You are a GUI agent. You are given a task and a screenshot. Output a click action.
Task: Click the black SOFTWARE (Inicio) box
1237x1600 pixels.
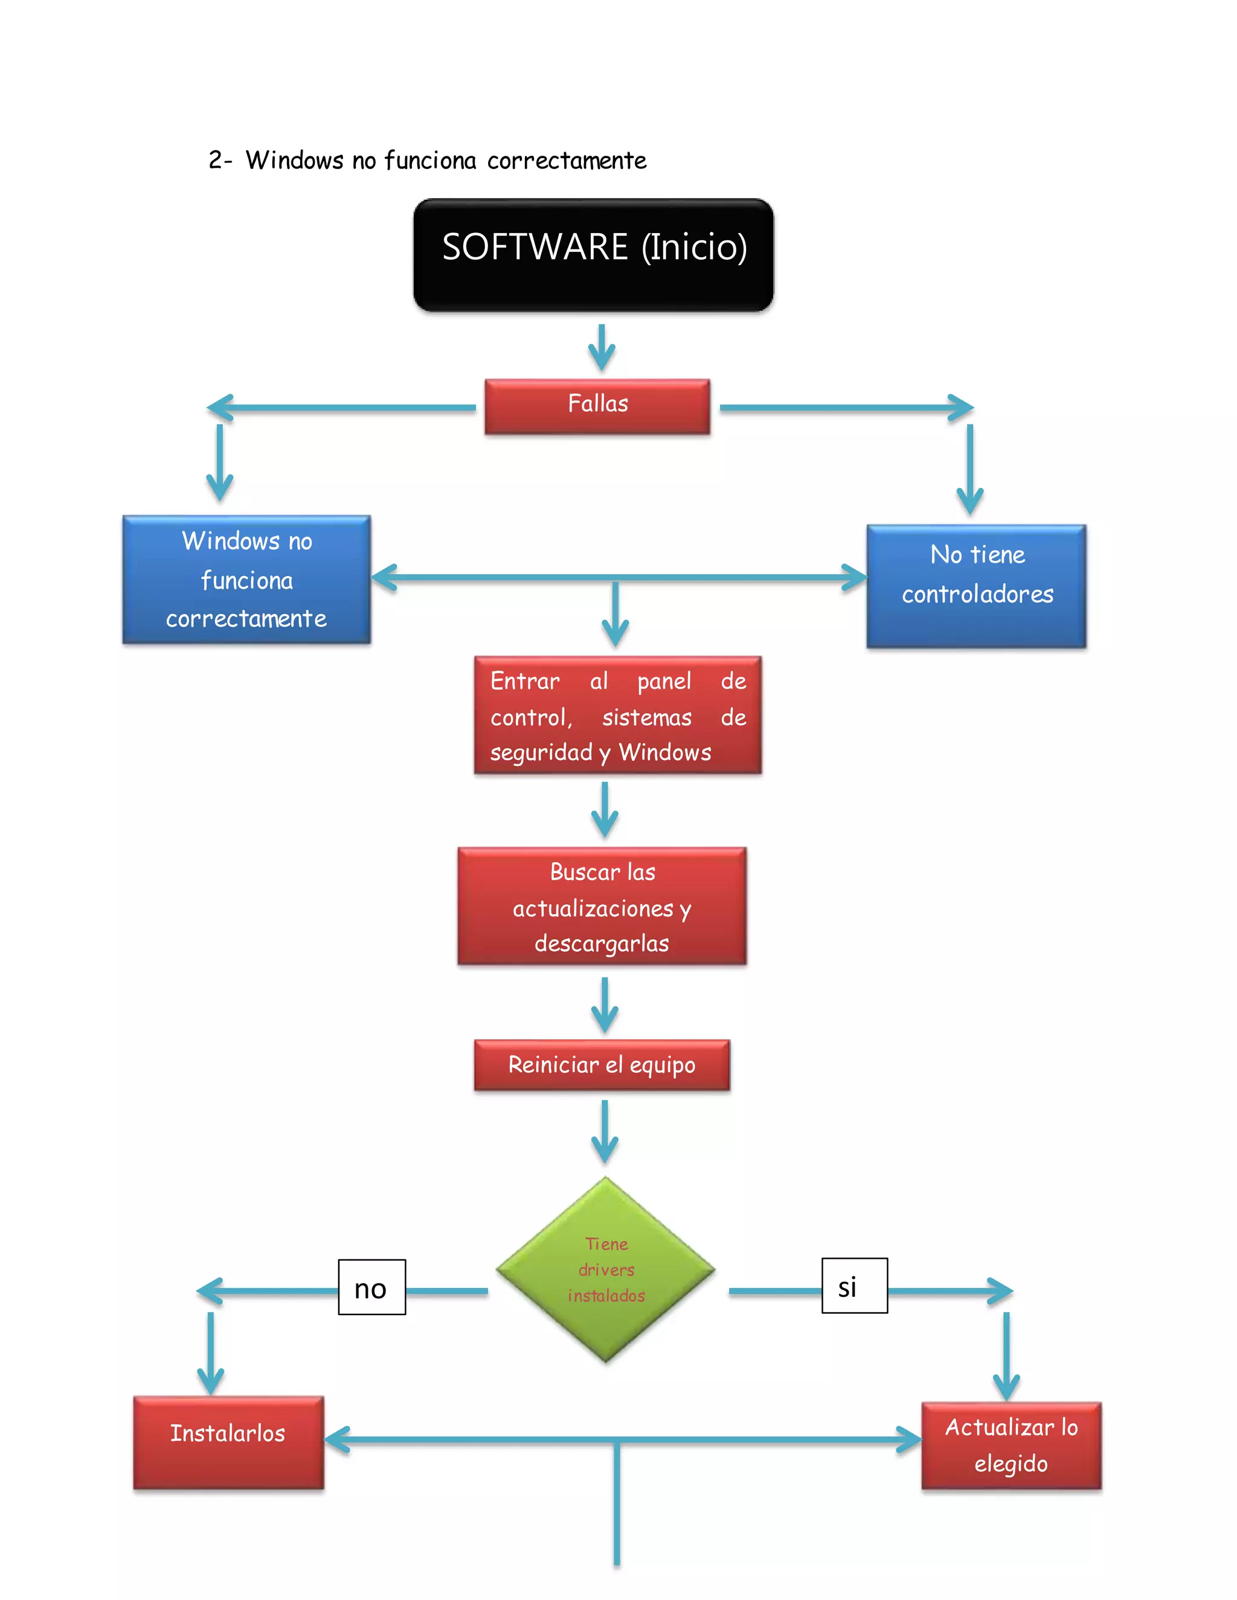[593, 254]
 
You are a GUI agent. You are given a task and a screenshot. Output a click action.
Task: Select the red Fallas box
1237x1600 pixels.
[597, 406]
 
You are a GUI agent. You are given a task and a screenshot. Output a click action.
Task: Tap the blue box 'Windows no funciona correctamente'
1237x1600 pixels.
[246, 580]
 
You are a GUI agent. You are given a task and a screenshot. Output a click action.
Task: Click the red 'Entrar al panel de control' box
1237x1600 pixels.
[617, 715]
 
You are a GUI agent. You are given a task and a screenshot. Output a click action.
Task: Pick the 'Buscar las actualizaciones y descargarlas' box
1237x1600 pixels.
[602, 906]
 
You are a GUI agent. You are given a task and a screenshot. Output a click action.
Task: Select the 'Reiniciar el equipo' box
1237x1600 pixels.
[602, 1064]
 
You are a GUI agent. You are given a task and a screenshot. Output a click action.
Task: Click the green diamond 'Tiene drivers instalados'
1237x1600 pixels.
[605, 1269]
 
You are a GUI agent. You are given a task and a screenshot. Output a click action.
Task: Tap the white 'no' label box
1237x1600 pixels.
[371, 1287]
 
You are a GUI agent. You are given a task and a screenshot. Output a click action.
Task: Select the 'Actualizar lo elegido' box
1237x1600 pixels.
[1010, 1445]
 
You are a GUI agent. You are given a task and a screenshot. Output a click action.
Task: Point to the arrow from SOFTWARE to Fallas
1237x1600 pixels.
[602, 347]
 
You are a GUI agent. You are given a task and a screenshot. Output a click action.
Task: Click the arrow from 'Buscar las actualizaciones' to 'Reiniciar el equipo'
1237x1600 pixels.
[605, 1006]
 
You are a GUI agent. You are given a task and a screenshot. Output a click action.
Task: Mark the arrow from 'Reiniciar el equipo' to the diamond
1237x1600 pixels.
[605, 1132]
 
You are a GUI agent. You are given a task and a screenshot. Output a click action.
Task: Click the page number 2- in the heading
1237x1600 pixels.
[219, 160]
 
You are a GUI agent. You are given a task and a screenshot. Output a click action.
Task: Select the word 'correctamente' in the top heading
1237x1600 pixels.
[567, 161]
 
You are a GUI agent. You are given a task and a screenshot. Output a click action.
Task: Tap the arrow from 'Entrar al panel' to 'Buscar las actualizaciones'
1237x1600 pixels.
[605, 810]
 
